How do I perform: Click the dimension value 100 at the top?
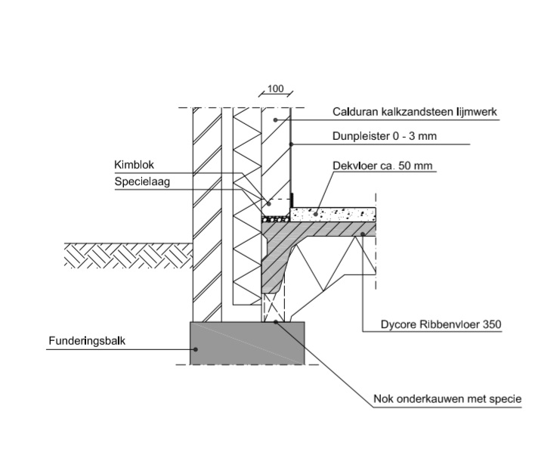tap(275, 89)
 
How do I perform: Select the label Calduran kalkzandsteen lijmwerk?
tap(414, 113)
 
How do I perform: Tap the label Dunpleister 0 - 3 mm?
tap(385, 137)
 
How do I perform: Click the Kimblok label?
tap(132, 165)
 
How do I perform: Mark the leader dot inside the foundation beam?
tap(195, 349)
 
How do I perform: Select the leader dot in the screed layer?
tap(315, 214)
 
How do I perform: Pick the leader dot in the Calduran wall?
tap(277, 120)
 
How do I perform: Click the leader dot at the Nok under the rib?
tap(276, 321)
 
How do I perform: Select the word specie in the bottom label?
tap(506, 398)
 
